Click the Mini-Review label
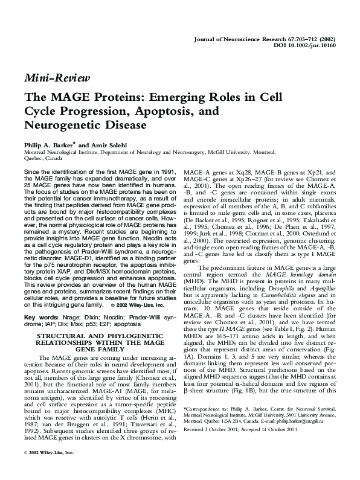(56, 78)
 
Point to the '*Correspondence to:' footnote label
(205, 408)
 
